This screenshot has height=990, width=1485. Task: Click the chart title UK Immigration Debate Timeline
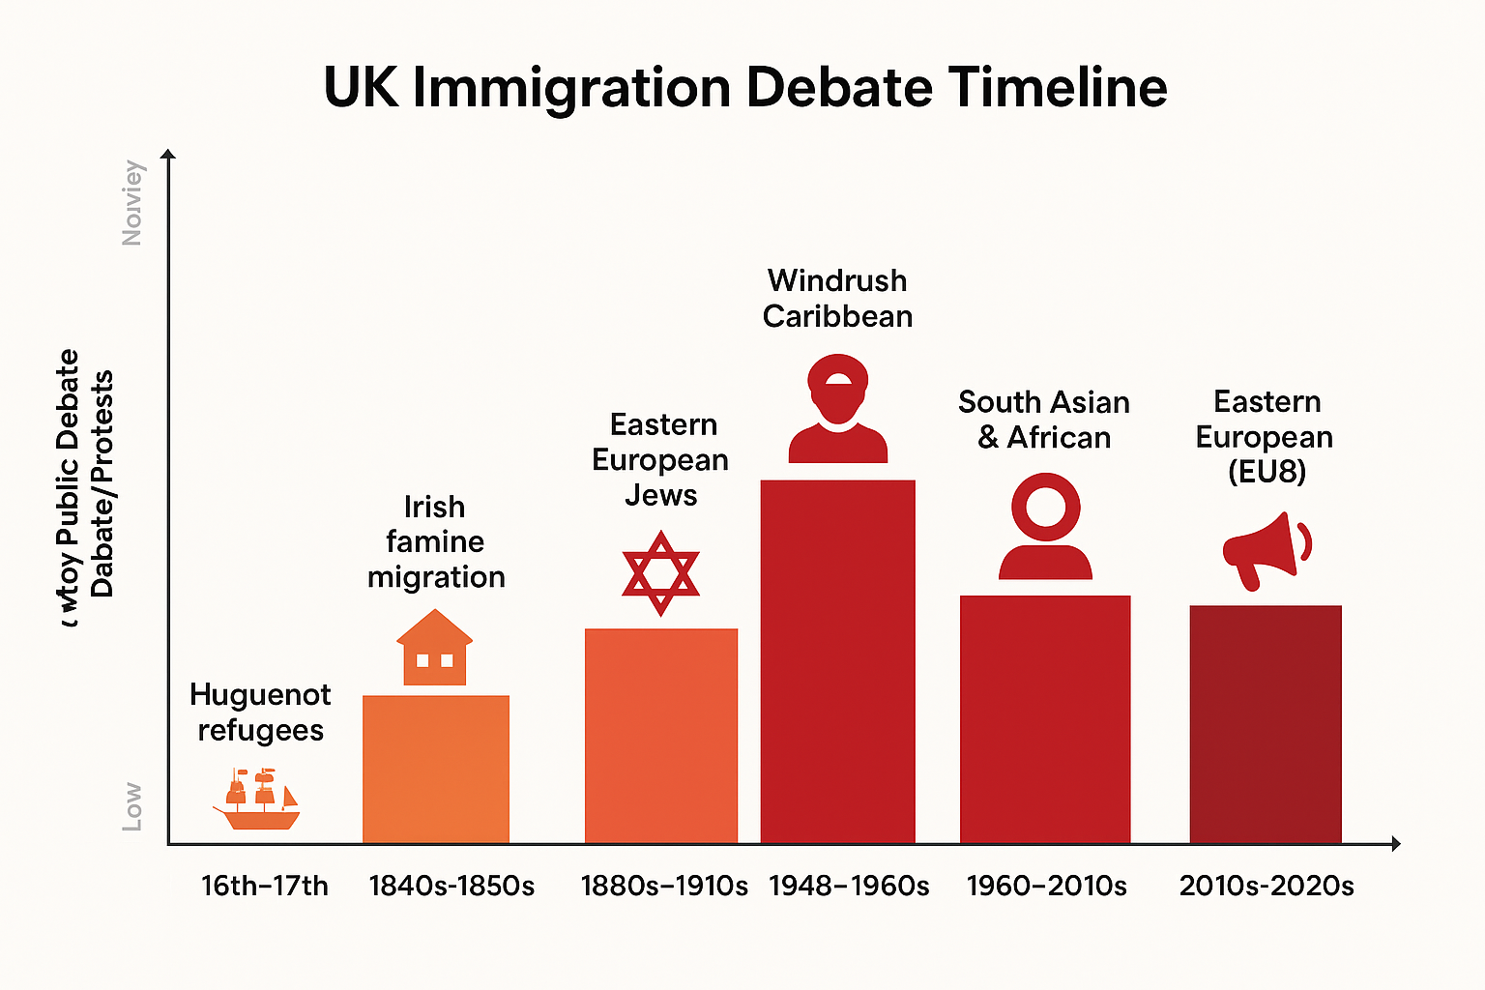[x=744, y=87]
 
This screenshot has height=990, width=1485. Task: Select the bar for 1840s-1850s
[x=435, y=769]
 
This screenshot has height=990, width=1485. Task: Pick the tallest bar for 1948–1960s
[x=837, y=662]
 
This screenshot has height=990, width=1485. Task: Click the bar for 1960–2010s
[x=1044, y=719]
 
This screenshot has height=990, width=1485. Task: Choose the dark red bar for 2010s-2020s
[x=1265, y=724]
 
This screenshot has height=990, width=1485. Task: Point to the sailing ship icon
[x=256, y=800]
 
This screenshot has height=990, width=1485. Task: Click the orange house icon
[x=434, y=648]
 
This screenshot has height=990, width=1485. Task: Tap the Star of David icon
[x=660, y=572]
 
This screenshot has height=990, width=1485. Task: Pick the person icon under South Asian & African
[x=1045, y=527]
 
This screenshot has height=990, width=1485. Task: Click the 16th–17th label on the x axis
[x=264, y=886]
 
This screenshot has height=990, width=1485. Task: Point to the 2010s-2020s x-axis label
[x=1266, y=886]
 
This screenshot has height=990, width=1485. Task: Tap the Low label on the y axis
[x=132, y=807]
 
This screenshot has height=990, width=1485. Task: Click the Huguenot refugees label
[x=260, y=713]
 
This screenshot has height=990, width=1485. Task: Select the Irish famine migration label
[x=435, y=541]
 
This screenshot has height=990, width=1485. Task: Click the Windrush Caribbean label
[x=837, y=298]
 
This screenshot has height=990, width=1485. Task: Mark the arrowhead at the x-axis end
[x=1395, y=844]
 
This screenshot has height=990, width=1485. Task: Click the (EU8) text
[x=1267, y=472]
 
